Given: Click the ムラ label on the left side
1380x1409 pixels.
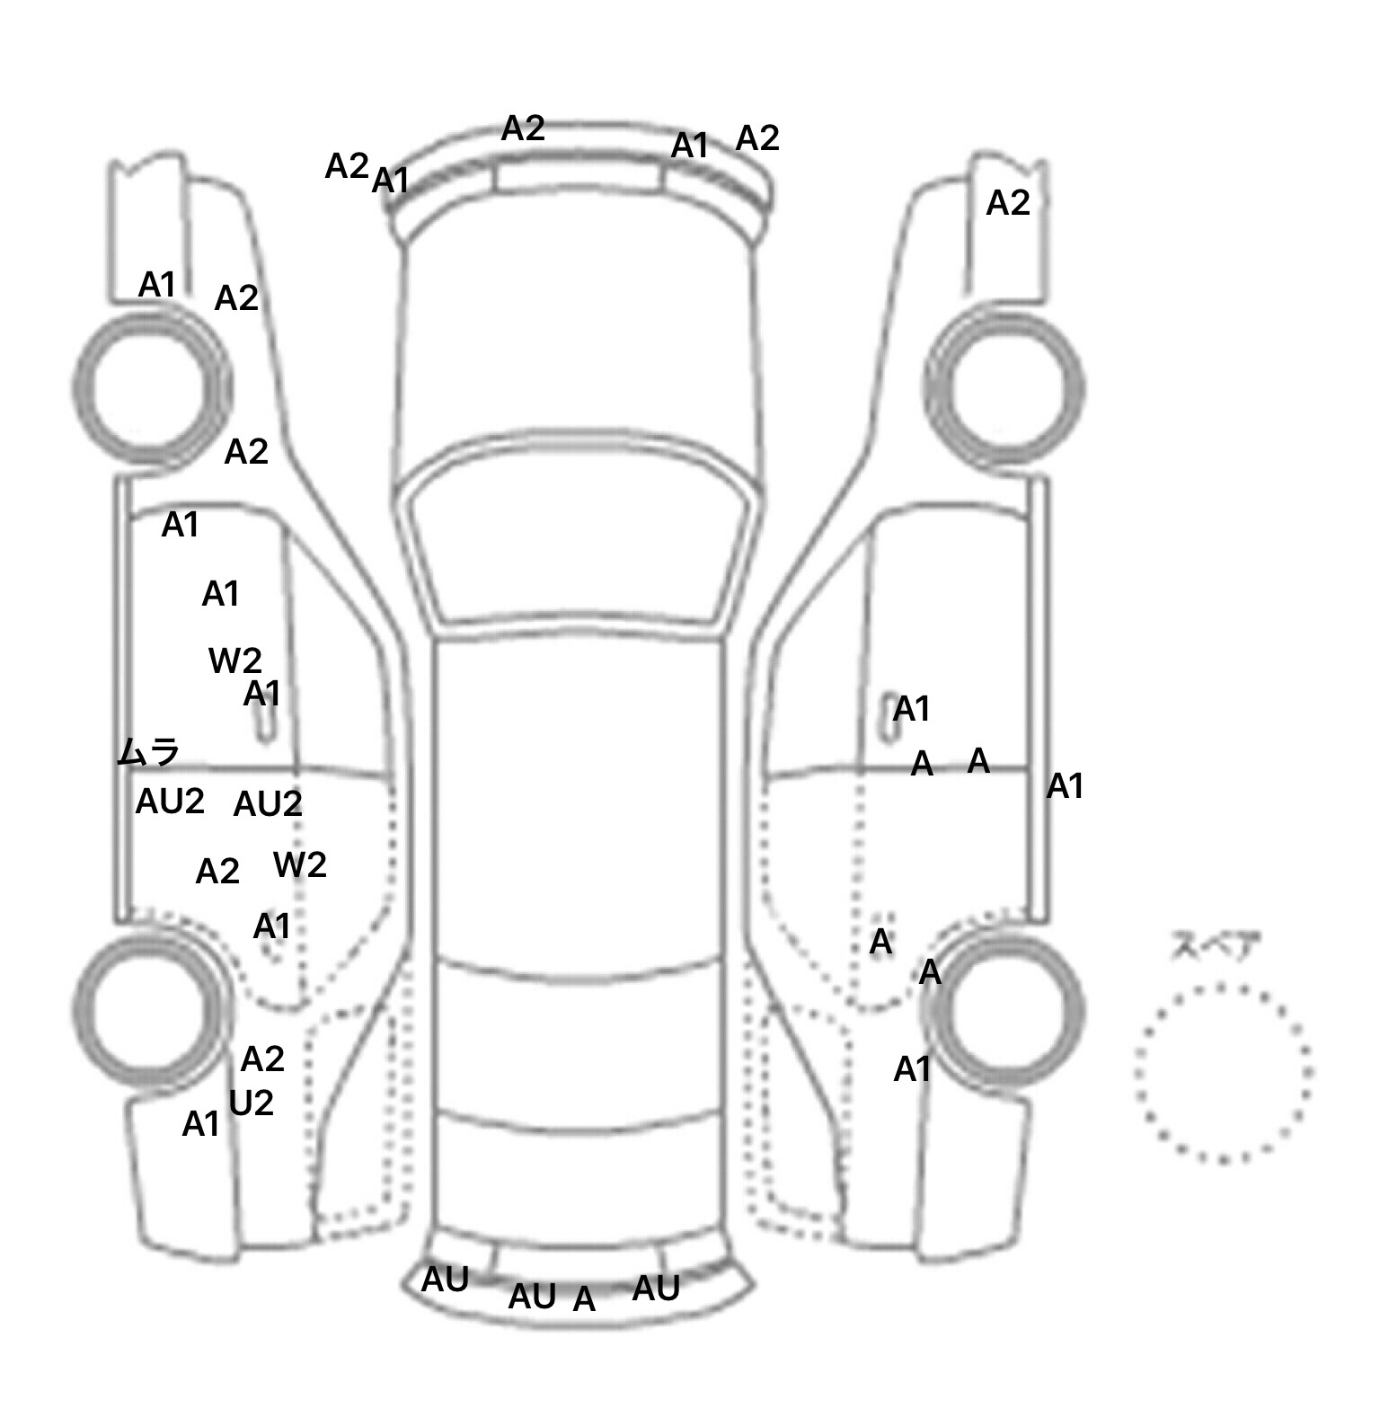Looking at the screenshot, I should [149, 751].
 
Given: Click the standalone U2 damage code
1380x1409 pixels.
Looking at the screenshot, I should [252, 1103].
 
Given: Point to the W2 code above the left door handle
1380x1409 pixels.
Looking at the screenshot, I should [235, 661].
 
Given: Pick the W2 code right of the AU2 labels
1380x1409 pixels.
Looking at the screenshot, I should [300, 864].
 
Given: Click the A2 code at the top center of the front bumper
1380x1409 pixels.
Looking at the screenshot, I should [523, 128].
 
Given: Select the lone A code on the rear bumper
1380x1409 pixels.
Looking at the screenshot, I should [584, 1299].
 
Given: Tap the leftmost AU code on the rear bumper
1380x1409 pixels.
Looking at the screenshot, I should [445, 1281].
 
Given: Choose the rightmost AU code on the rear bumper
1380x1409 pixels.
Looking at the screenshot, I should [656, 1289].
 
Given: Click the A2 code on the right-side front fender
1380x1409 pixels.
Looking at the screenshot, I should [1008, 204].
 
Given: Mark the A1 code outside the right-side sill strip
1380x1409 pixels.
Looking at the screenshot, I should [1066, 787].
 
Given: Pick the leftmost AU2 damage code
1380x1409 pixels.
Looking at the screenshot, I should [170, 802].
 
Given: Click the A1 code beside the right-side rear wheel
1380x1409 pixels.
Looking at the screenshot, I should [913, 1069].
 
